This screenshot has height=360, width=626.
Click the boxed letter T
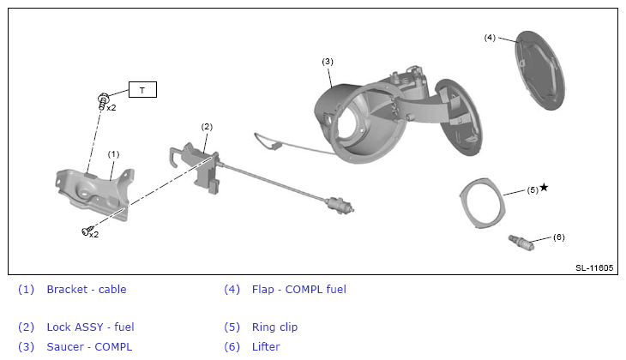(142, 90)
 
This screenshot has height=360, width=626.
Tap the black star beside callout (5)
(544, 187)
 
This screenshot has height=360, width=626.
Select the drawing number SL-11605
(594, 267)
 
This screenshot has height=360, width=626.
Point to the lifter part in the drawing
(521, 243)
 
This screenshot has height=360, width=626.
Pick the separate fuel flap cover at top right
(540, 70)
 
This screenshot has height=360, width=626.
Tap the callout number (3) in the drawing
(328, 62)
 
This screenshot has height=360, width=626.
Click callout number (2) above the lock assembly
(207, 127)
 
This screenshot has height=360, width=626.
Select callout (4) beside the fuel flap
(490, 38)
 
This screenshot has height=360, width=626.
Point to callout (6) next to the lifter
(558, 237)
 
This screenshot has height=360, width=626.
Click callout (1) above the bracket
(113, 154)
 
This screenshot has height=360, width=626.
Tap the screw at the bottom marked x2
(87, 231)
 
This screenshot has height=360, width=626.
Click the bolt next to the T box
(103, 101)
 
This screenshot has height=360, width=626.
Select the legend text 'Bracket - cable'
(87, 290)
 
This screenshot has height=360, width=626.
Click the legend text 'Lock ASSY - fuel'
(90, 327)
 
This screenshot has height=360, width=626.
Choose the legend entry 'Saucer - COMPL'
(89, 347)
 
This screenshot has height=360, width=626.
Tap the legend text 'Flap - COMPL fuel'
(299, 290)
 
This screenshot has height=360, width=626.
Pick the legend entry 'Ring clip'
(274, 327)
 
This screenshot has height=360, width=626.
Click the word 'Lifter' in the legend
(266, 347)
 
